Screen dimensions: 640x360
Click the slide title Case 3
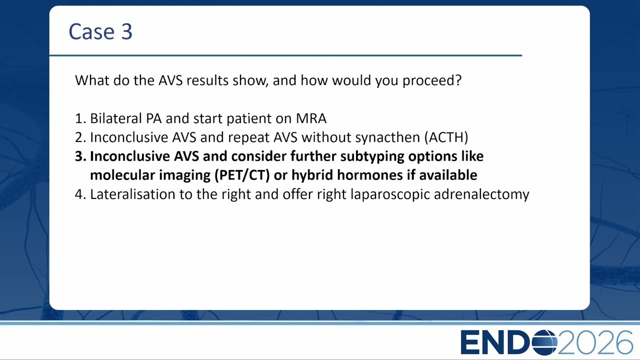coord(100,31)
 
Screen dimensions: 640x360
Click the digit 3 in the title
coord(127,31)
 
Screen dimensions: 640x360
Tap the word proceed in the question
coord(432,81)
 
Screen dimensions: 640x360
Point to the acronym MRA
coord(311,118)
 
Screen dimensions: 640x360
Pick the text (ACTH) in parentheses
coord(446,137)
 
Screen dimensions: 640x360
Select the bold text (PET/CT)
coord(242,175)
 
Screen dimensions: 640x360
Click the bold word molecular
coord(122,175)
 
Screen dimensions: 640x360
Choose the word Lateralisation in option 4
coord(132,194)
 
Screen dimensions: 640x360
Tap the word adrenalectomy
coord(481,195)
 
